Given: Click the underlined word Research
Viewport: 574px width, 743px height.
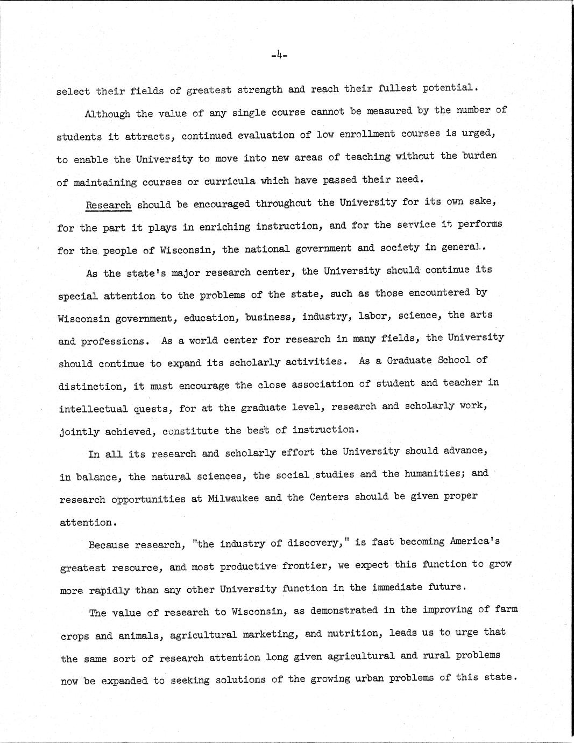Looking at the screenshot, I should [108, 205].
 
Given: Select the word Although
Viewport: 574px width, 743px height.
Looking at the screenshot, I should [107, 114].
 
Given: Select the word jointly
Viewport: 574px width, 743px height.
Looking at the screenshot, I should [79, 432].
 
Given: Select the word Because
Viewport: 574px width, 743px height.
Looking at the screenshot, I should [109, 545].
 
